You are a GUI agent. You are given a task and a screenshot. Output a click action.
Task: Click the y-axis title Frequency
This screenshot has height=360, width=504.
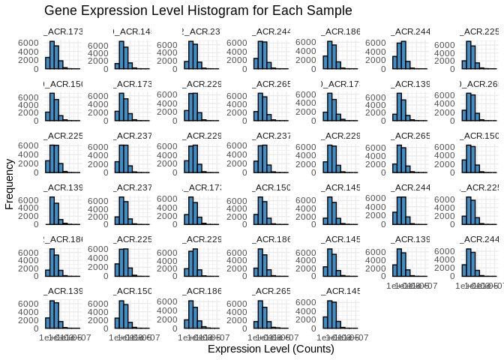click(9, 184)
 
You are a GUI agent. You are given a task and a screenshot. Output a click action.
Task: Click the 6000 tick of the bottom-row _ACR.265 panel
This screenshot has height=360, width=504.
click(242, 304)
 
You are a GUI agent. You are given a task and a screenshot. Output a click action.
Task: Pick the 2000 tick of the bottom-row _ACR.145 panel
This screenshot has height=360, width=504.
click(312, 320)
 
